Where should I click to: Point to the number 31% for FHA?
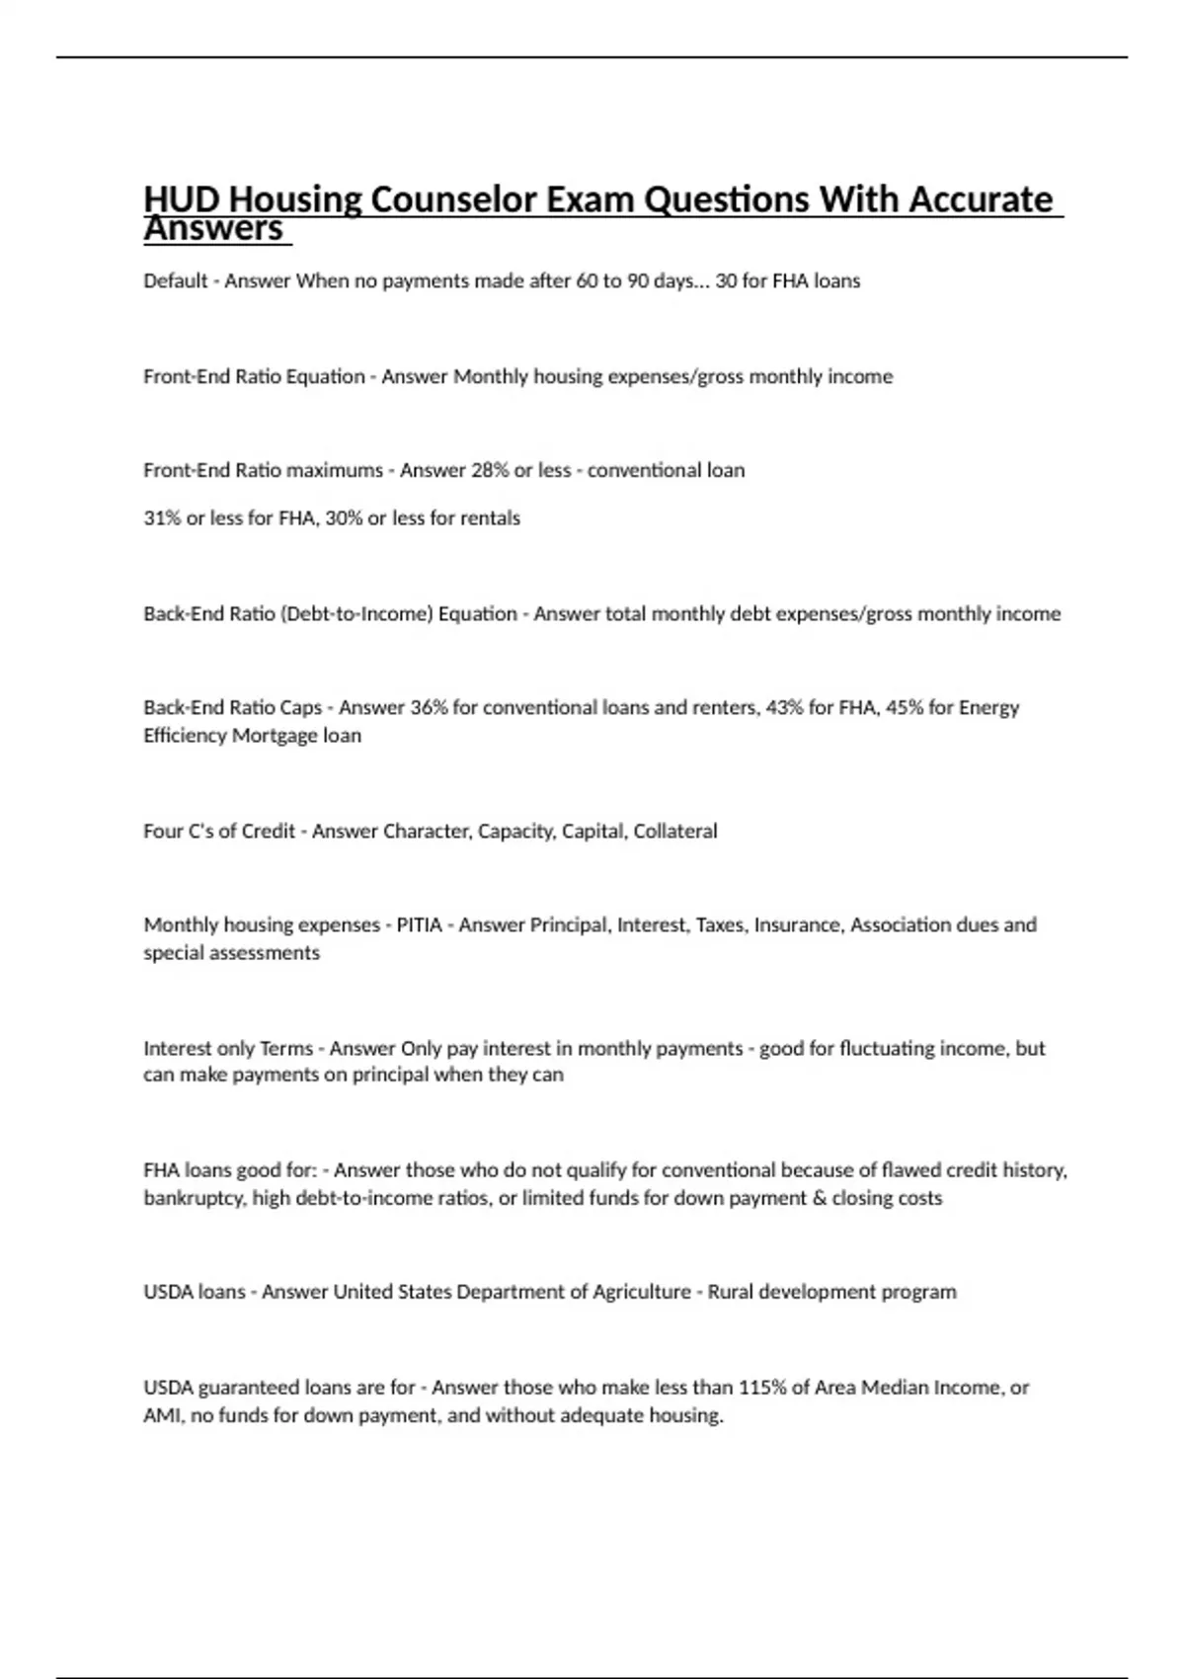[x=162, y=519]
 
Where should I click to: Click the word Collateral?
[x=675, y=832]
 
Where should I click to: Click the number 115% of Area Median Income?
[x=759, y=1388]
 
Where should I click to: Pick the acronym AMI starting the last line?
[x=161, y=1416]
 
